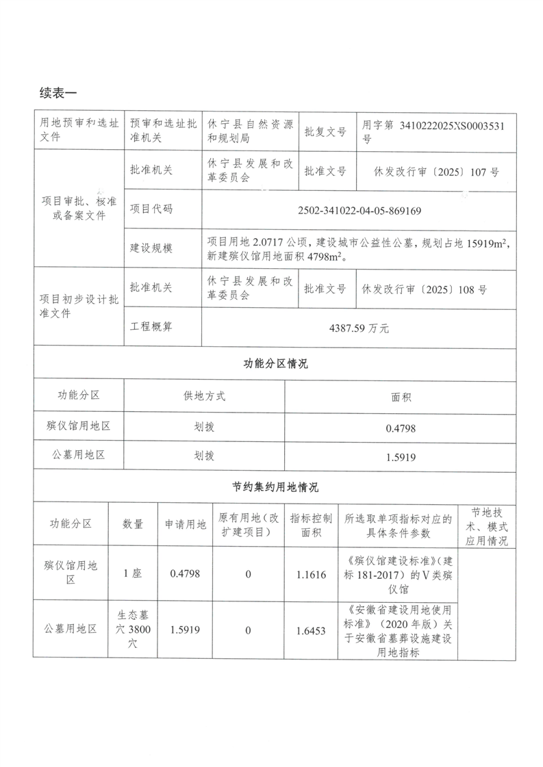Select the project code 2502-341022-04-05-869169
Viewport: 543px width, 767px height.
(x=359, y=210)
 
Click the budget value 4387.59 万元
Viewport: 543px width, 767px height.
(x=359, y=328)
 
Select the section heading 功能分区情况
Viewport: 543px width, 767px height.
(x=275, y=364)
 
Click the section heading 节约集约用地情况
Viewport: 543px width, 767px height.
(x=275, y=488)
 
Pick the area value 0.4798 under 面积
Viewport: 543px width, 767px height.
(x=401, y=428)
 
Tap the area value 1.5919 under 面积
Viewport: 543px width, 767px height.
(x=401, y=456)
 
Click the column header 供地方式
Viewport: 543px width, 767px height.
(x=204, y=395)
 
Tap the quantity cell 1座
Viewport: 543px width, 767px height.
(x=133, y=574)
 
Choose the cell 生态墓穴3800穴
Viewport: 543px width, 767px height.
(x=133, y=629)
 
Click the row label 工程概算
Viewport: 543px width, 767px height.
(x=151, y=328)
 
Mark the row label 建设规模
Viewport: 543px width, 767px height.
(x=151, y=248)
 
